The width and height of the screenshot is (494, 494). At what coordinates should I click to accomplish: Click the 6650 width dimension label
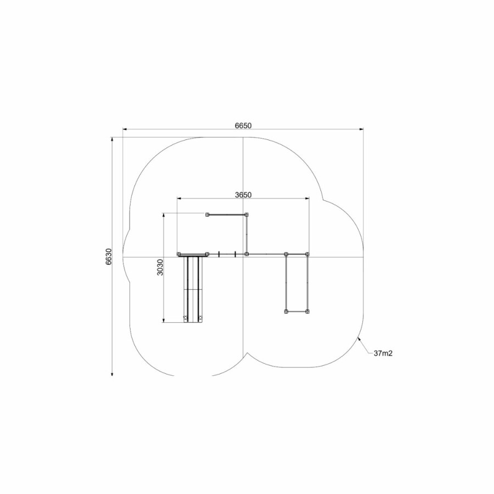tap(243, 125)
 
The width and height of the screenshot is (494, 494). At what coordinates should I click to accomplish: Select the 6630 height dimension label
tap(108, 256)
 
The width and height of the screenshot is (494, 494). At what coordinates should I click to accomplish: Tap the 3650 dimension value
tap(243, 195)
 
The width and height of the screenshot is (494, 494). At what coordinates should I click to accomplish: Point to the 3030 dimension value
tap(160, 267)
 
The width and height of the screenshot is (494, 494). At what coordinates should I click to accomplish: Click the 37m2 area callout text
tap(383, 353)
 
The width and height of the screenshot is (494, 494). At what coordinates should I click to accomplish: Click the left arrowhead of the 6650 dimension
tap(125, 129)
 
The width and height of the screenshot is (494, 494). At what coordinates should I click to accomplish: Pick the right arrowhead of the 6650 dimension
tap(361, 129)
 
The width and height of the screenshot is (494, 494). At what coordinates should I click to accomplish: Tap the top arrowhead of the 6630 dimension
tap(112, 139)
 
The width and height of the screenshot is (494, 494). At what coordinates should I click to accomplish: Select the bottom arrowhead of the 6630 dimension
tap(112, 374)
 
